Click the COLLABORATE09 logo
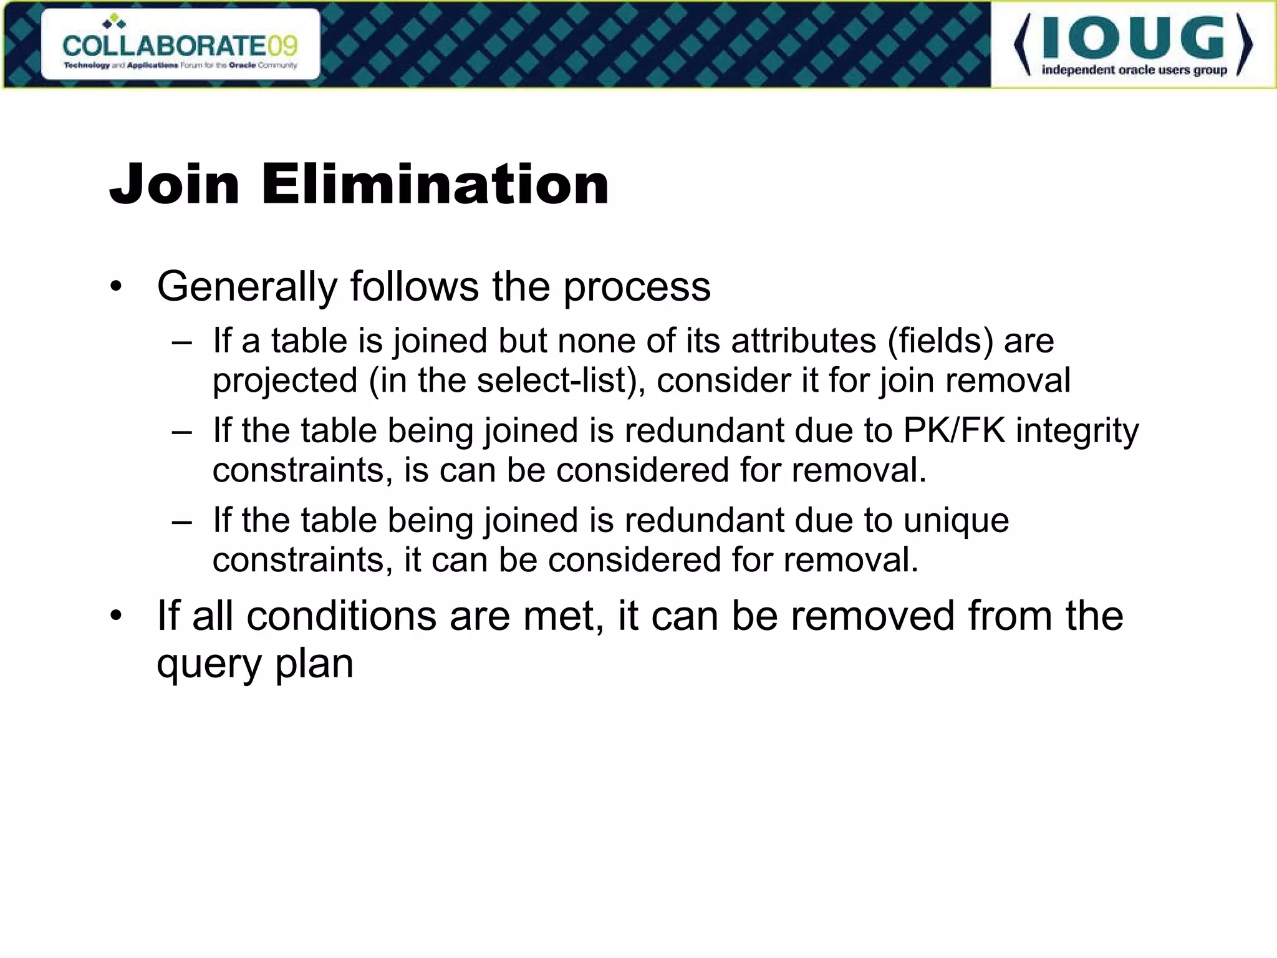point(180,45)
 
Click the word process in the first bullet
point(637,288)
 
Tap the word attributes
point(803,341)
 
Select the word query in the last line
point(209,665)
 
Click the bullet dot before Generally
point(115,288)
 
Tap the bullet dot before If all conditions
point(115,616)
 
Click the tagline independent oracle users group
point(1134,70)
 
